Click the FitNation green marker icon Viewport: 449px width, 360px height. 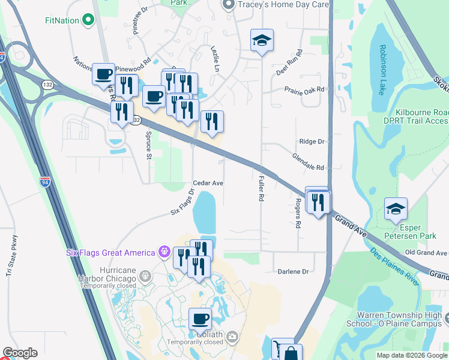pyautogui.click(x=89, y=20)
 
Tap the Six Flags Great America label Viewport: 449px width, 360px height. pyautogui.click(x=110, y=251)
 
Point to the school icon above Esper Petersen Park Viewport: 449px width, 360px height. pyautogui.click(x=396, y=209)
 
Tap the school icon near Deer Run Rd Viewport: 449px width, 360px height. pyautogui.click(x=262, y=41)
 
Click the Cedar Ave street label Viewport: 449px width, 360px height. pyautogui.click(x=208, y=183)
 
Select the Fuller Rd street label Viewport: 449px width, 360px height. pyautogui.click(x=261, y=188)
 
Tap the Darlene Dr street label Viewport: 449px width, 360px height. pyautogui.click(x=293, y=272)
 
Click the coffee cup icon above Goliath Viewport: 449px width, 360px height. pyautogui.click(x=200, y=319)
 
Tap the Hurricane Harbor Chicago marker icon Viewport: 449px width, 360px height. pyautogui.click(x=144, y=276)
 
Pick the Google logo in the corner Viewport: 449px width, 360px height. pyautogui.click(x=20, y=353)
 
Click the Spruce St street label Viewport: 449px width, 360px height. pyautogui.click(x=148, y=146)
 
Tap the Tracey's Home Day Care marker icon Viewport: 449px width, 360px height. pyautogui.click(x=228, y=5)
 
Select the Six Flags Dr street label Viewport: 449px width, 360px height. pyautogui.click(x=183, y=202)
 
